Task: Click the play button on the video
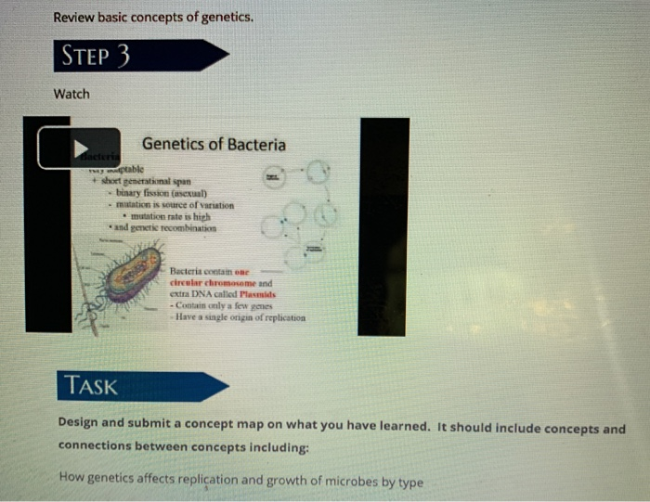79,148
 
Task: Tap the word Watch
71,94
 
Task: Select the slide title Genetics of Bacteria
214,144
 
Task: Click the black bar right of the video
383,226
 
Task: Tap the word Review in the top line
75,17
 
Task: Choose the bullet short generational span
149,182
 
